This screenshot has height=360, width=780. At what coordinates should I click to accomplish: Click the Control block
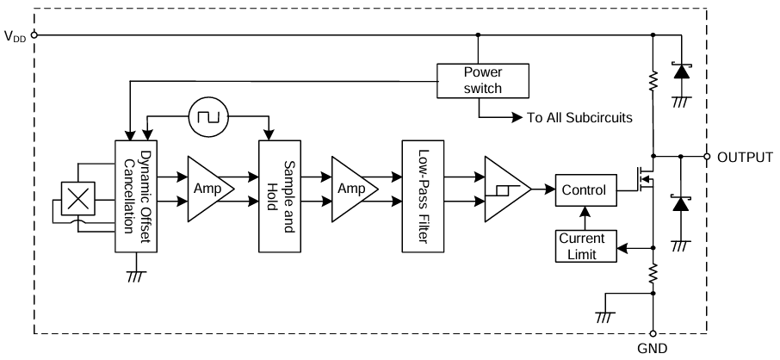point(585,189)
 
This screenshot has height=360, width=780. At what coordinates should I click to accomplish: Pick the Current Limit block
point(585,245)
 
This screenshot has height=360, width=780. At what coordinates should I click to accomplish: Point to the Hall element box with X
point(78,200)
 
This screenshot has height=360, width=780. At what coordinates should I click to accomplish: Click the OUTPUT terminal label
point(746,157)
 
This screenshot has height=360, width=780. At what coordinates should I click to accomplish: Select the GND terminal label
point(652,349)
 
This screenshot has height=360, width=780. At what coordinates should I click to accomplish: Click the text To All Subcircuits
point(579,117)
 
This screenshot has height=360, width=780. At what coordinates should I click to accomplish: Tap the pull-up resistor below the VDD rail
point(653,82)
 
